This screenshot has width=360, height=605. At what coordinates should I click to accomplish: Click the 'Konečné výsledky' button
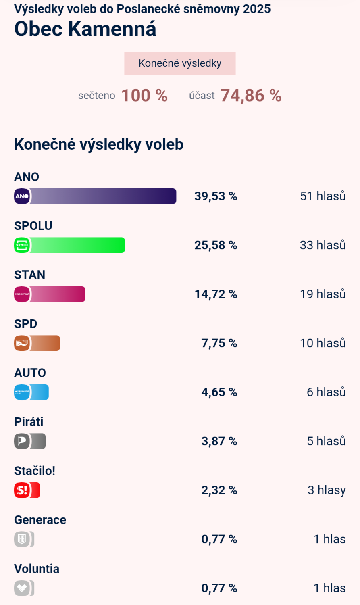tap(180, 63)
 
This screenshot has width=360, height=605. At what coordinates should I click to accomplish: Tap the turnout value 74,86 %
tap(250, 96)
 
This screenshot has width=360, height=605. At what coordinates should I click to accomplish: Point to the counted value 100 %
tap(144, 96)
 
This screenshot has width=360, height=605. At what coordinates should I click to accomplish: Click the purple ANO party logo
tap(22, 196)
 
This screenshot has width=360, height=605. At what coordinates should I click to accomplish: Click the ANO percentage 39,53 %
tap(216, 196)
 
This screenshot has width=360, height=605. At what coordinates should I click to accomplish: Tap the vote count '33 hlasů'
tap(323, 245)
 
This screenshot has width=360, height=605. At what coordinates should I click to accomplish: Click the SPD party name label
tap(26, 324)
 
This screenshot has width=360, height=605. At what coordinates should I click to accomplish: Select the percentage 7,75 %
tap(219, 343)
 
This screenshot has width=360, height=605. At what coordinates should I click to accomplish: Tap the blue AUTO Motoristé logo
tap(22, 392)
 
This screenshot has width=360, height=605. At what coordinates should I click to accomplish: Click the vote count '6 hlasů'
tap(326, 392)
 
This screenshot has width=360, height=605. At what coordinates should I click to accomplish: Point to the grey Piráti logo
tap(22, 441)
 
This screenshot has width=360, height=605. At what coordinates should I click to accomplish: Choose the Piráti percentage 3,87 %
tap(219, 441)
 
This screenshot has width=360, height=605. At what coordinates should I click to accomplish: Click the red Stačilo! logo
tap(22, 490)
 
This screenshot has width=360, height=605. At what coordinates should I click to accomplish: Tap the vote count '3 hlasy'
tap(327, 490)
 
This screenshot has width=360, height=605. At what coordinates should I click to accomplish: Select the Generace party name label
tap(40, 520)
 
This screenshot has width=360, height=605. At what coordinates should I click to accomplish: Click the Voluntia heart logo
tap(22, 588)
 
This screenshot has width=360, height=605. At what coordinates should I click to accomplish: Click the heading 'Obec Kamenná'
tap(85, 29)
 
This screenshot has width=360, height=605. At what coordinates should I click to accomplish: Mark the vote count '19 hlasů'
tap(323, 294)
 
